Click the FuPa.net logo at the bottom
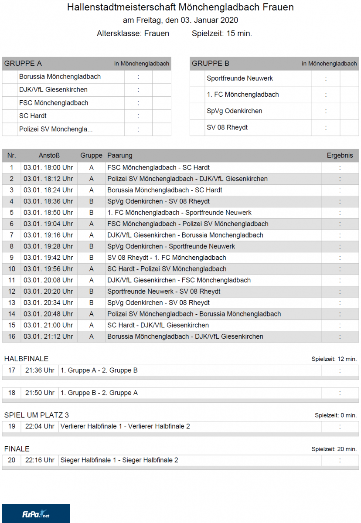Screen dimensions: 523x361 point(36,514)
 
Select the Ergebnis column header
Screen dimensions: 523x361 point(340,156)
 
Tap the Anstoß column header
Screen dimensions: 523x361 point(49,156)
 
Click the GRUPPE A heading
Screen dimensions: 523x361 point(23,64)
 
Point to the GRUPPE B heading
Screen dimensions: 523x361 point(211,64)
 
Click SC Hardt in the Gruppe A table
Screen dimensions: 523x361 point(33,116)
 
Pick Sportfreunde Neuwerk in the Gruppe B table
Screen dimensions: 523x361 point(240,78)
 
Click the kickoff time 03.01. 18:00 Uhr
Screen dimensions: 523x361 point(48,167)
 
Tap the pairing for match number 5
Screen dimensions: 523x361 point(179,213)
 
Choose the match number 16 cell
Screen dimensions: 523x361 point(12,336)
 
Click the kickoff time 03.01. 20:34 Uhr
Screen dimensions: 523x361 point(48,302)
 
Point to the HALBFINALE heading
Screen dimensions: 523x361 point(26,359)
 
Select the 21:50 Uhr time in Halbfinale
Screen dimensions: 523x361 point(40,393)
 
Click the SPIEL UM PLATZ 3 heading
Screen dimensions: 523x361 point(37,415)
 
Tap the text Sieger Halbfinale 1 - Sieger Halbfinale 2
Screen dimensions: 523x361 point(119,460)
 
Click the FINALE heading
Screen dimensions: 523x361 point(17,449)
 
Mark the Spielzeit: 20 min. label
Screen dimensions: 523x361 point(334,449)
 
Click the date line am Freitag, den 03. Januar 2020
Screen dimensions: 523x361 point(180,20)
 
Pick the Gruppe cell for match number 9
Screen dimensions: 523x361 point(91,258)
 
